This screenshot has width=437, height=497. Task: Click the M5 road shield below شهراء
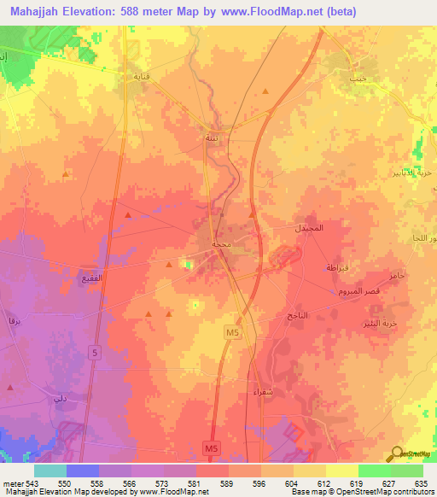click(x=213, y=446)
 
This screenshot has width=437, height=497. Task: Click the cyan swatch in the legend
click(x=50, y=471)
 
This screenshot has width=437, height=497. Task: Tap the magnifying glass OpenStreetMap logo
click(x=396, y=454)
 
